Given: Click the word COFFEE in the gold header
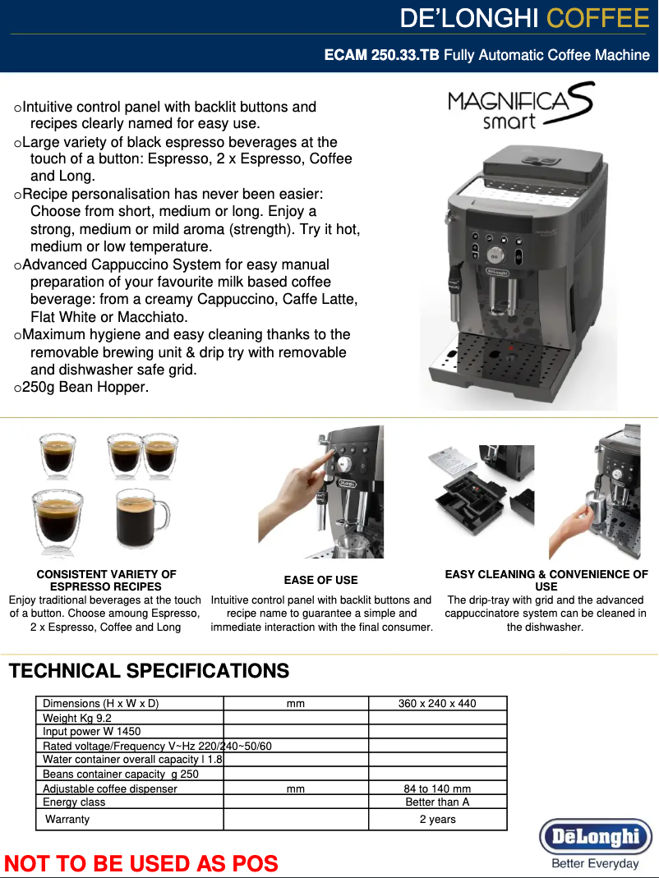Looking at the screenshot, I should (597, 18).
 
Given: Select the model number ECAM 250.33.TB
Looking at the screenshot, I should (381, 55).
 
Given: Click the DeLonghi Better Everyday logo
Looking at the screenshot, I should (595, 843).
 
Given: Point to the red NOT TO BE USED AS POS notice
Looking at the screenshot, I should (141, 863).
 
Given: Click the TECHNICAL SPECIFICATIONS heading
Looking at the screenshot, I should (149, 671).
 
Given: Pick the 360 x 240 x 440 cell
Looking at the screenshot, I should (437, 703).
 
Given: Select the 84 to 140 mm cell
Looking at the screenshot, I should (437, 788).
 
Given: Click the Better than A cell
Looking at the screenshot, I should (437, 802).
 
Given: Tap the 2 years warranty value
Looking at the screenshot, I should (437, 819).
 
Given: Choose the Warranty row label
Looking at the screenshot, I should (67, 819).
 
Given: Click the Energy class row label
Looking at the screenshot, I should (74, 802).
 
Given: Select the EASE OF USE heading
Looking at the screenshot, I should (320, 580).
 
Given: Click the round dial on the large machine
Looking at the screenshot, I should (495, 255).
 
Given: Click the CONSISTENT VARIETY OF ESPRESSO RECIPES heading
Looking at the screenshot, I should (106, 580).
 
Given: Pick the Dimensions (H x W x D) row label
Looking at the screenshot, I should (100, 703).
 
